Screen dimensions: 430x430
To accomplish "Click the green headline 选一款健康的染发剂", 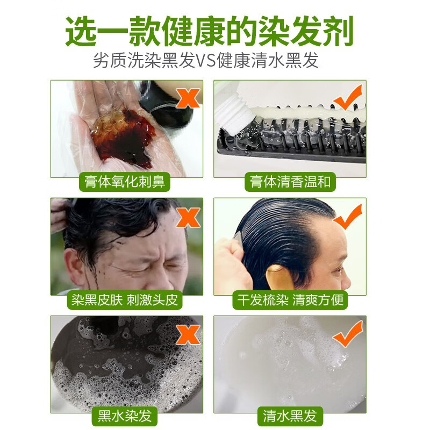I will (x=210, y=31).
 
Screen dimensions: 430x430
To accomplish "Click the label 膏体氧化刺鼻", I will (x=124, y=182).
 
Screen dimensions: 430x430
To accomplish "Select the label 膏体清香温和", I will (x=291, y=182).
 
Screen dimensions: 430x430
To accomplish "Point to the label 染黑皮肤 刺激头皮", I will (x=124, y=299).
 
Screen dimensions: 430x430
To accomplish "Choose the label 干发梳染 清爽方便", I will (x=291, y=299).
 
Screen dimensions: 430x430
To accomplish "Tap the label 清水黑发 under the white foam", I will (x=290, y=415).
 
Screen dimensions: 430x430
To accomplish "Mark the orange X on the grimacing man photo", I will (x=188, y=217).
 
